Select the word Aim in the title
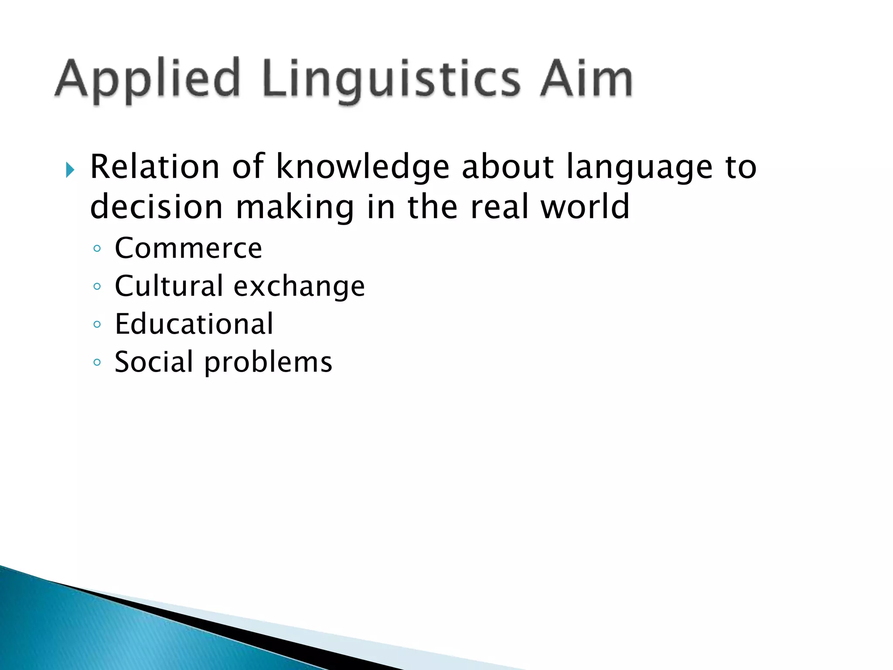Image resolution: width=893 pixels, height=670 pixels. [586, 79]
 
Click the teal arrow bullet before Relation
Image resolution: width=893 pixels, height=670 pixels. [70, 170]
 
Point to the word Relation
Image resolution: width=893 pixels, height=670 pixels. [155, 167]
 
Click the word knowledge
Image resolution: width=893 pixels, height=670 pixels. [363, 167]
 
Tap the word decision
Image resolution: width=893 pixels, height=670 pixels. [156, 207]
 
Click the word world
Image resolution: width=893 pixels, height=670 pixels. [585, 206]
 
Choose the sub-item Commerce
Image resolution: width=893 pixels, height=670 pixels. [188, 248]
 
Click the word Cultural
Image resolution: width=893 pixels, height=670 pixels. [169, 286]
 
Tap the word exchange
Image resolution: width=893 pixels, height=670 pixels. [299, 287]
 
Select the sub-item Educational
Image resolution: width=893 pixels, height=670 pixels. [194, 324]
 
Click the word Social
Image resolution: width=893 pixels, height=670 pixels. [153, 362]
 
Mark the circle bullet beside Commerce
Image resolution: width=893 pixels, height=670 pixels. [97, 249]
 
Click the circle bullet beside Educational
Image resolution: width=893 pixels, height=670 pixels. [97, 325]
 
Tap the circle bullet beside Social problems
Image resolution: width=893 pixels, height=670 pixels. [97, 362]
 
